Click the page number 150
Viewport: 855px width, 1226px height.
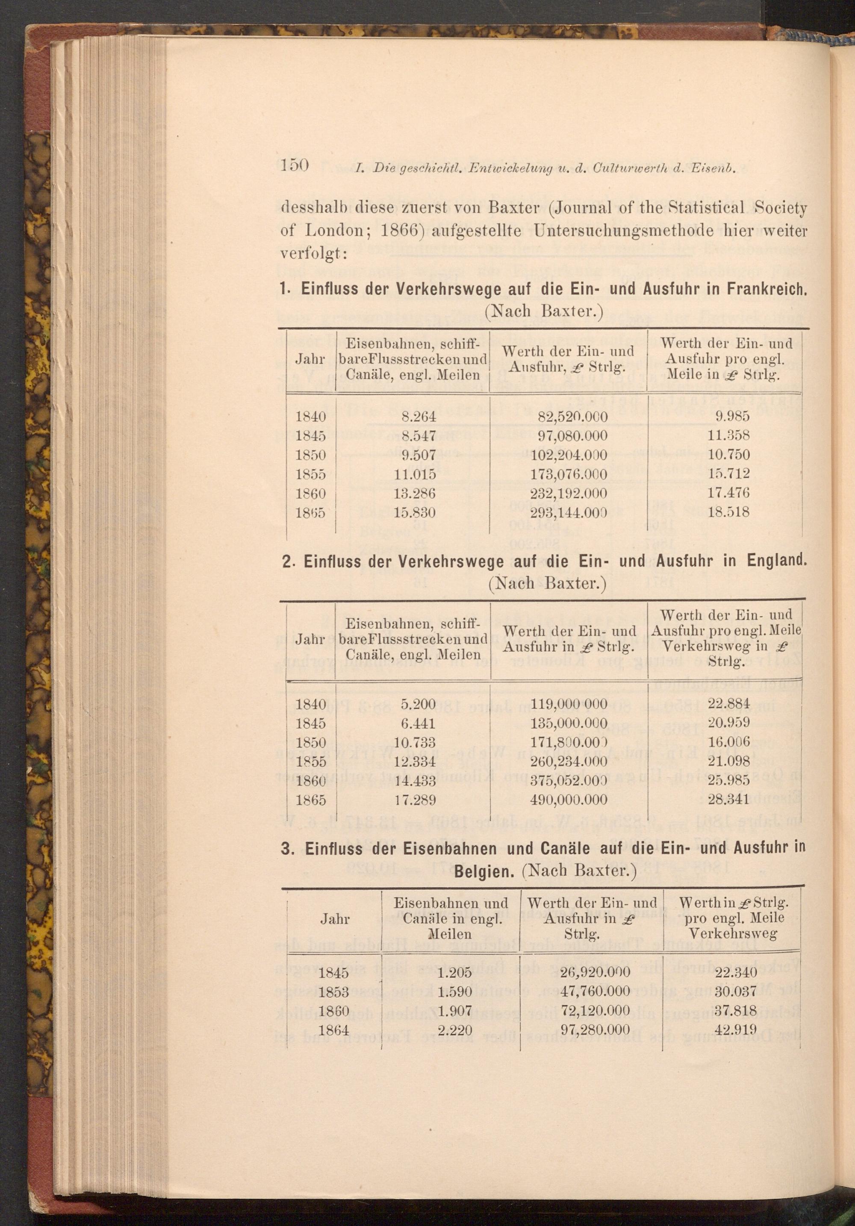[295, 165]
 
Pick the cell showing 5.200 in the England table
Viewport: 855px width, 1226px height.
[418, 704]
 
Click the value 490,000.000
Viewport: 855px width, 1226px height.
[569, 800]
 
